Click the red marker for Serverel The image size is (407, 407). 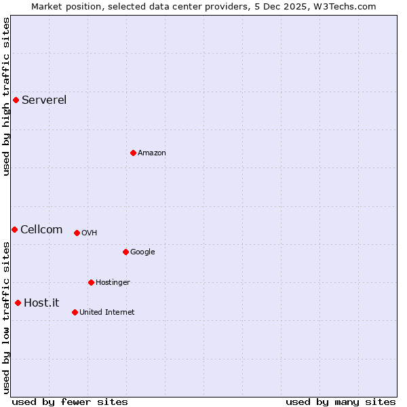pyautogui.click(x=16, y=100)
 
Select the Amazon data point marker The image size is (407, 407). pyautogui.click(x=133, y=153)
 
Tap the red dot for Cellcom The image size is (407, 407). pyautogui.click(x=14, y=229)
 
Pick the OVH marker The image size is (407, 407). pyautogui.click(x=77, y=233)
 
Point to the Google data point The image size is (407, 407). pyautogui.click(x=125, y=252)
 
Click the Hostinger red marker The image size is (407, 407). pyautogui.click(x=91, y=282)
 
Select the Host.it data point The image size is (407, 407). pyautogui.click(x=18, y=303)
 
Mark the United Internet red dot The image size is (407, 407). pyautogui.click(x=75, y=312)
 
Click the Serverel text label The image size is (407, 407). pyautogui.click(x=44, y=100)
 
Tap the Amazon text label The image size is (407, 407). pyautogui.click(x=152, y=153)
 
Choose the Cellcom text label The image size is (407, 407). pyautogui.click(x=41, y=230)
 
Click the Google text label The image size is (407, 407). pyautogui.click(x=142, y=252)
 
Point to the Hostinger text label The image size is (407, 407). pyautogui.click(x=113, y=283)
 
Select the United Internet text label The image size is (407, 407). pyautogui.click(x=106, y=313)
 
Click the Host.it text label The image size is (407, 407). pyautogui.click(x=41, y=303)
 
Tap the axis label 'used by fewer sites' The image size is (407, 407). pyautogui.click(x=70, y=402)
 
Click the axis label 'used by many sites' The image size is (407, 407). pyautogui.click(x=341, y=402)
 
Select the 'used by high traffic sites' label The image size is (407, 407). pyautogui.click(x=6, y=96)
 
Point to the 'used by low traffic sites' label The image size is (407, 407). pyautogui.click(x=6, y=317)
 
